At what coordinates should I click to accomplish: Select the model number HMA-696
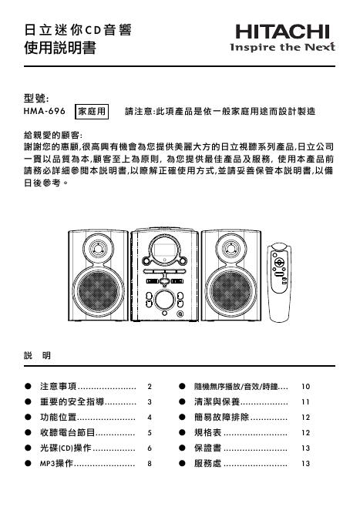pyautogui.click(x=45, y=112)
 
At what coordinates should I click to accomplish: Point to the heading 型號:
pyautogui.click(x=38, y=98)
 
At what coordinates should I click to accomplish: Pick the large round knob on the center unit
pyautogui.click(x=164, y=299)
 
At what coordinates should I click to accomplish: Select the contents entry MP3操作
pyautogui.click(x=56, y=464)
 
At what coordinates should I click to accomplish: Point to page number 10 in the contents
pyautogui.click(x=305, y=385)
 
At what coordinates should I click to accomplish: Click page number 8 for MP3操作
pyautogui.click(x=150, y=464)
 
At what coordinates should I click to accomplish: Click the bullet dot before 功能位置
pyautogui.click(x=28, y=417)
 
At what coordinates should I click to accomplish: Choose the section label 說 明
pyautogui.click(x=38, y=355)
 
